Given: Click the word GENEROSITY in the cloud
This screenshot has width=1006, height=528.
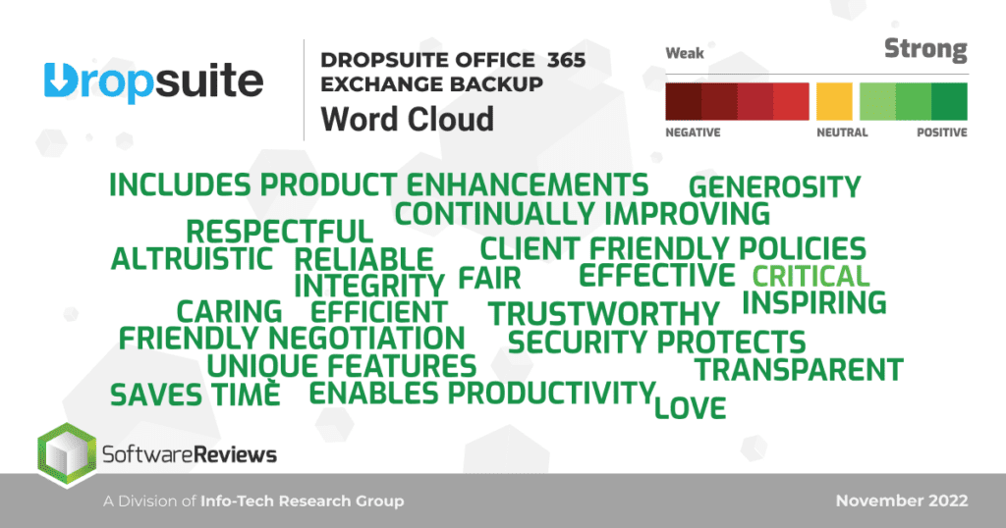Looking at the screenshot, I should tap(775, 186).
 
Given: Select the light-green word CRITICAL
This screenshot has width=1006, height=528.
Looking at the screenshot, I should tap(810, 277).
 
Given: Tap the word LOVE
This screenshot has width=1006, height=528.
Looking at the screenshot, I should tap(690, 406).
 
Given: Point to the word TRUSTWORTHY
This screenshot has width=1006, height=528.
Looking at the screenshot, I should tap(604, 314).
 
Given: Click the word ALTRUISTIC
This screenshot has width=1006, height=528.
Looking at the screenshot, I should tap(192, 259).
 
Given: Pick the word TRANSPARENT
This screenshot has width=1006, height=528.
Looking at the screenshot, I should tap(799, 370).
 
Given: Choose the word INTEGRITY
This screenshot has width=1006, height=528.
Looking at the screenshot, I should tap(369, 287).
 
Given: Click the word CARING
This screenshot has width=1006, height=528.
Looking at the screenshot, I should tap(229, 312).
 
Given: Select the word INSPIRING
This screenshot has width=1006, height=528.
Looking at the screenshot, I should tap(814, 302).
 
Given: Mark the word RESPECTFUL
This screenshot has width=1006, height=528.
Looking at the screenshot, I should tap(280, 233).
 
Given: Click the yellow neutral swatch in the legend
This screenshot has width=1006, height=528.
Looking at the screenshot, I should tap(834, 101).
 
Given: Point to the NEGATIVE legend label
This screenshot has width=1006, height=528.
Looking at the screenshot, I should tap(693, 132).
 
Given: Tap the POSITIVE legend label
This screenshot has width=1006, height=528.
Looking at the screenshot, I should tap(941, 132).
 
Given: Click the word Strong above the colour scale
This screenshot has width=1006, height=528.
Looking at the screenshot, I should tap(925, 50).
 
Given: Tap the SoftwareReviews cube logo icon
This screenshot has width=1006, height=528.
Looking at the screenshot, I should tap(65, 454).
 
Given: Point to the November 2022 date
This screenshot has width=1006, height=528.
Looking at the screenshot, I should tap(902, 501).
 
